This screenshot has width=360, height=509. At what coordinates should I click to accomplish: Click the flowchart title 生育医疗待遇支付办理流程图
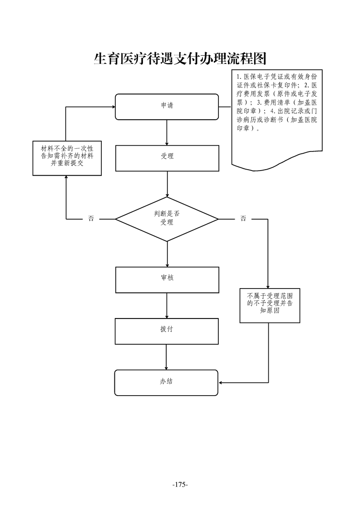point(179,59)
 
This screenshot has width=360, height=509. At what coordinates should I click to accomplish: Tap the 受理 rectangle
point(167,158)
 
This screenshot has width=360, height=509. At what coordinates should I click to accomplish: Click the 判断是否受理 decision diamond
point(167,219)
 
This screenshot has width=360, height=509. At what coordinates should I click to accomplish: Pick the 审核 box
point(167,279)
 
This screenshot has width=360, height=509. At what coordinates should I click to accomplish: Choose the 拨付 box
point(167,331)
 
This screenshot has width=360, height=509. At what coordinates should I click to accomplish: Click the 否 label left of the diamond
point(91,219)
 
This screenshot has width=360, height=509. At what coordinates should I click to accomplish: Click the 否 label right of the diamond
point(243,219)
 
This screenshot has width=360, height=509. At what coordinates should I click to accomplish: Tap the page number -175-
point(180,485)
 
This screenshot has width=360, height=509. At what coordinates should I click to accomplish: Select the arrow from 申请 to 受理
point(167,132)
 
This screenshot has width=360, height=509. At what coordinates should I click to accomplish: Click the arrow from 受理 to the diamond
point(167,184)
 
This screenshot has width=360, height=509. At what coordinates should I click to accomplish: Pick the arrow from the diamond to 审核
point(167,254)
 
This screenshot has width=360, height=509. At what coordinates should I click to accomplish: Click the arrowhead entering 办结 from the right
point(222,382)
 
